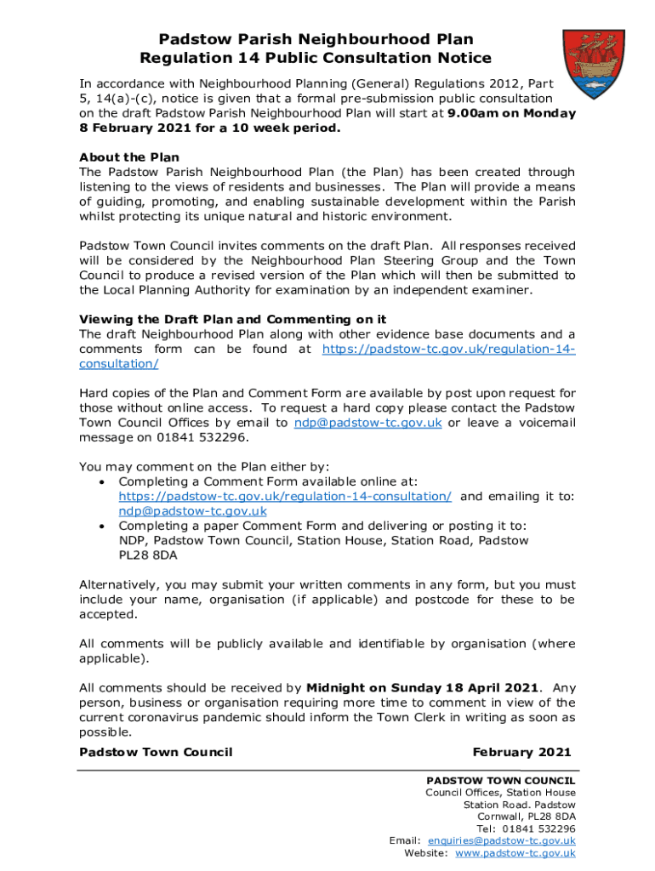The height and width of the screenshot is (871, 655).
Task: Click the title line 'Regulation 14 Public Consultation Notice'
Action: click(316, 58)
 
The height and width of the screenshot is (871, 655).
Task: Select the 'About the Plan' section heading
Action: click(129, 157)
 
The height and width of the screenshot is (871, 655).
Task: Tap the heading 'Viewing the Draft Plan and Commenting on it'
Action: click(232, 319)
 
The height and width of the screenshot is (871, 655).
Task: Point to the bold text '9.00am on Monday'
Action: click(510, 113)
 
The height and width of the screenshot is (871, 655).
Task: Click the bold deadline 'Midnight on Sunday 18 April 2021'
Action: click(422, 687)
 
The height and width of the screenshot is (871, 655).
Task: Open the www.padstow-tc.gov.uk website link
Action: click(515, 852)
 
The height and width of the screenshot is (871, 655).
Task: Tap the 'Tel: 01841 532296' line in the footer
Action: click(526, 828)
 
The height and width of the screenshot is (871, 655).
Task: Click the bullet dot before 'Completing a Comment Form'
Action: click(102, 481)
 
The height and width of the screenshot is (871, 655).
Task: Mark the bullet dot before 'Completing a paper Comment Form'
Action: click(102, 526)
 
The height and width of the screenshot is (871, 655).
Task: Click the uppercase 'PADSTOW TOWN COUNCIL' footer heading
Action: click(500, 780)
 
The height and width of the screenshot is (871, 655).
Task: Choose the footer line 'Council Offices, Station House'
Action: click(500, 793)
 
